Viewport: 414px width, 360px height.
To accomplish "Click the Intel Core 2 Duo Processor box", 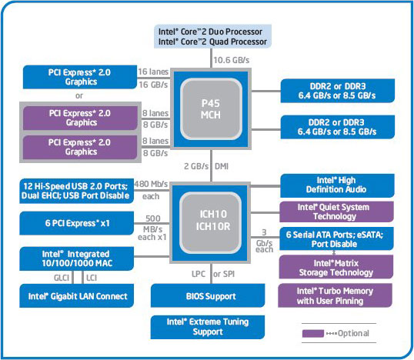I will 212,35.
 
